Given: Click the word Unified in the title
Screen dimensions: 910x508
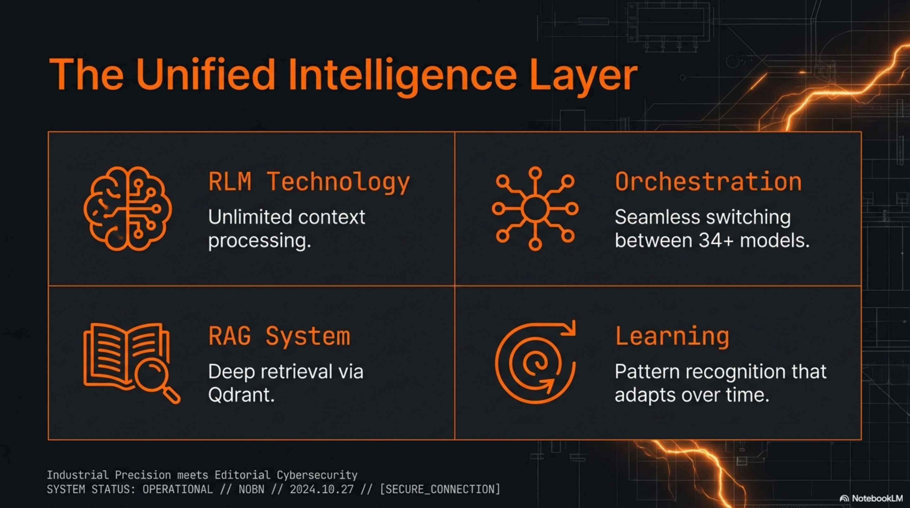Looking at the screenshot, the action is pyautogui.click(x=206, y=75).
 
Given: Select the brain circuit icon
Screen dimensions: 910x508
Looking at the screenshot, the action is pyautogui.click(x=128, y=208).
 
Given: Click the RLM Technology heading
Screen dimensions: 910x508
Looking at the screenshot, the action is pyautogui.click(x=309, y=182).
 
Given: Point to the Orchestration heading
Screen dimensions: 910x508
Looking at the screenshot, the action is pyautogui.click(x=708, y=182).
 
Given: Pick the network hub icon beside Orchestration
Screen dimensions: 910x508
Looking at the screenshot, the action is pyautogui.click(x=535, y=208).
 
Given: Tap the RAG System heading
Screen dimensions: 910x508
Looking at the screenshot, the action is pyautogui.click(x=279, y=336).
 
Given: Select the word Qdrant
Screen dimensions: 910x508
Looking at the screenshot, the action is pyautogui.click(x=241, y=395).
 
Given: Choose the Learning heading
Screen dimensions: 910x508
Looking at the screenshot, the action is pyautogui.click(x=672, y=336).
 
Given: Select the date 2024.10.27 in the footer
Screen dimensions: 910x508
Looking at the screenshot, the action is pyautogui.click(x=322, y=489).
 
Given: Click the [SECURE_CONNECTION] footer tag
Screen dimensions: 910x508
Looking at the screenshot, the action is pyautogui.click(x=440, y=489).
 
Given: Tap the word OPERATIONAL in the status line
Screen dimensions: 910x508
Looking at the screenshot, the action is pyautogui.click(x=178, y=489).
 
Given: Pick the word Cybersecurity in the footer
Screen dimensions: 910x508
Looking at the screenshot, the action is pyautogui.click(x=317, y=475).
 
